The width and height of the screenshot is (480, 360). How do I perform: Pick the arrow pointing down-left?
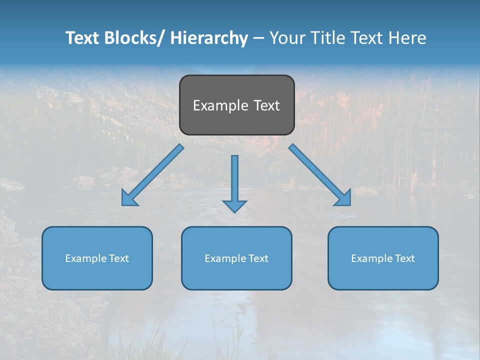click(152, 175)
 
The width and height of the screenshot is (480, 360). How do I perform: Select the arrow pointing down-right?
click(320, 175)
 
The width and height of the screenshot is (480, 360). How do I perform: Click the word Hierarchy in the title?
click(209, 38)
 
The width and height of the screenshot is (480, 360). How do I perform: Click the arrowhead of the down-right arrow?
click(344, 199)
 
